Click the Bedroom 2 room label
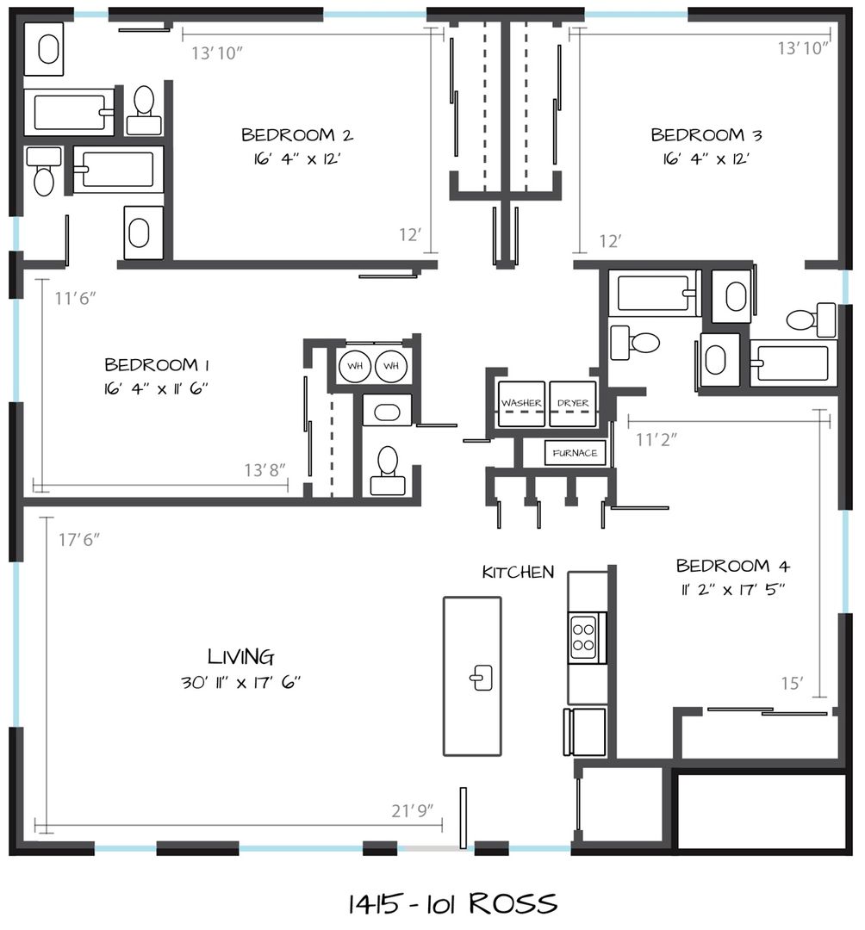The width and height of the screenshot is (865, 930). pos(296,134)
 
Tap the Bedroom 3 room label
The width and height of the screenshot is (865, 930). pos(706,134)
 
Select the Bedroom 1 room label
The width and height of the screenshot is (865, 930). pos(157,364)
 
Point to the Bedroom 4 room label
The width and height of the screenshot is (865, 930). pos(732,565)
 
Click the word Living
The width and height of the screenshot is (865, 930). pos(241,656)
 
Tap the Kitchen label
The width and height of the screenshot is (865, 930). pos(518,572)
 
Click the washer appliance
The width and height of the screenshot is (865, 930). pos(521,404)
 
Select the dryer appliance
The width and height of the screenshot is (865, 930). pos(573,404)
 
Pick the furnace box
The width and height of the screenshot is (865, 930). pos(575,453)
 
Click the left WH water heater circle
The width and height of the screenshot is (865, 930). pos(355,366)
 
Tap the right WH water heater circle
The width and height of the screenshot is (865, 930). pos(391,366)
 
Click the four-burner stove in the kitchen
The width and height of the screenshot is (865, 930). pos(584,637)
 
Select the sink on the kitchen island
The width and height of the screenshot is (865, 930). pos(481,678)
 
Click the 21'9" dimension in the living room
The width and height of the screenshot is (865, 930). pos(413,810)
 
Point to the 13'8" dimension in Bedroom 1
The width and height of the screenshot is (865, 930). pos(264,470)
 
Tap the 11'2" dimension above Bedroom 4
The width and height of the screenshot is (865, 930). pos(657,439)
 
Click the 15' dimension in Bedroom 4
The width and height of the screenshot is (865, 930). pos(792,683)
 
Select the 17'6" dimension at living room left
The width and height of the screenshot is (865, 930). pos(79,540)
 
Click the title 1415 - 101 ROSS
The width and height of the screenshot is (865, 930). pos(452,904)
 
